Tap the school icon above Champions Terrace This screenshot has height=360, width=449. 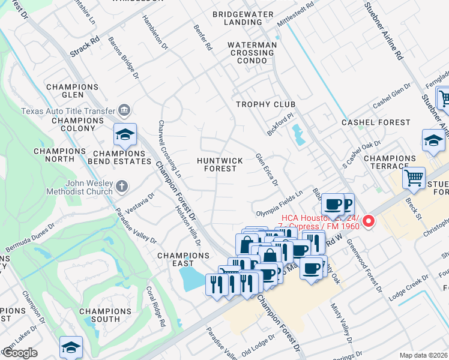tap(433, 142)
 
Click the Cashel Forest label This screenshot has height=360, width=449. tap(376, 122)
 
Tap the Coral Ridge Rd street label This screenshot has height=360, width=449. tap(155, 306)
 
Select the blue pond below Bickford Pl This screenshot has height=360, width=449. tap(297, 134)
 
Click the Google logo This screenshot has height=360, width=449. tap(20, 353)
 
